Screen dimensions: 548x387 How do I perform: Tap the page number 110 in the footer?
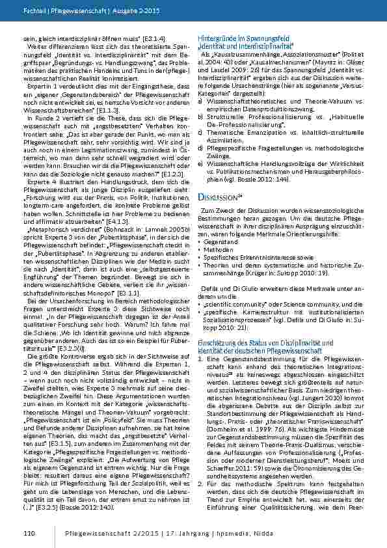coord(28,533)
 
